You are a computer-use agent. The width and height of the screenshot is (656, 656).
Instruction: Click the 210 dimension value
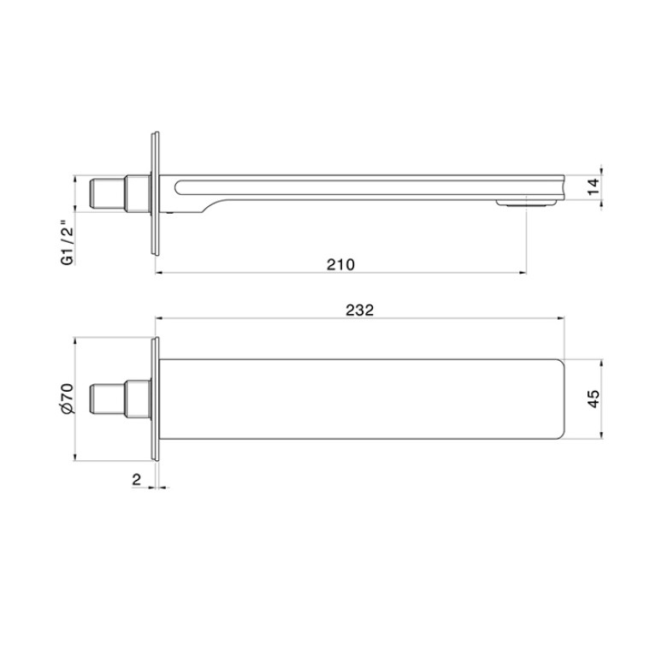pos(340,264)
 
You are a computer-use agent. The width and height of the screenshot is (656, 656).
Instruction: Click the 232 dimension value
pos(359,310)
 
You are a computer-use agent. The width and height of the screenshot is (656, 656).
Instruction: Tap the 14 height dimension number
pos(594,186)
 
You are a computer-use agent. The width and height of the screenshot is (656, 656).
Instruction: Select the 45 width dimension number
pos(594,399)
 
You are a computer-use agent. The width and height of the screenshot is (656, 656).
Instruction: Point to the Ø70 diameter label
pos(67,399)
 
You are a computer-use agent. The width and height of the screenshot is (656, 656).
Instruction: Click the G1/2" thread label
pos(68,245)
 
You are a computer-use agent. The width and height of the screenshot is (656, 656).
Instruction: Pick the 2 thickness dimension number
pos(136,480)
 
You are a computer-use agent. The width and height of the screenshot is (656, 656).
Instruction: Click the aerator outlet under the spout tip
pos(526,204)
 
